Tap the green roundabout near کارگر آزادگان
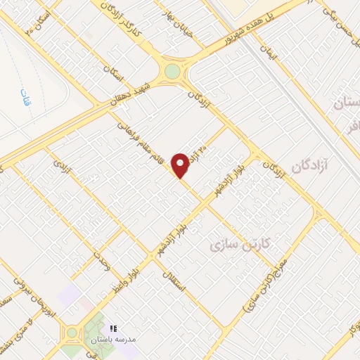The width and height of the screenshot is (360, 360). (172, 72)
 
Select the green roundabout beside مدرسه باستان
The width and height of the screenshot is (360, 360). (72, 333)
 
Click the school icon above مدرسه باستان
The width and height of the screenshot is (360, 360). (113, 328)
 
